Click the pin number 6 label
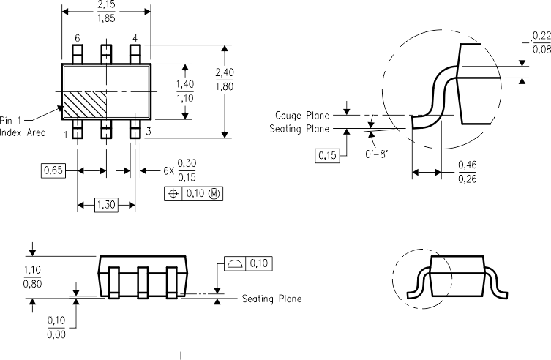click(77, 38)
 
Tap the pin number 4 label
click(135, 38)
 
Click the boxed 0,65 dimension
click(52, 170)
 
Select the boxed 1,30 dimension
click(106, 204)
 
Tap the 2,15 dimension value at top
click(107, 4)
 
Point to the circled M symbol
click(214, 194)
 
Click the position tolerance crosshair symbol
click(173, 194)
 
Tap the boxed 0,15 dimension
click(326, 155)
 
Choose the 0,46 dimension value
click(466, 166)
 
